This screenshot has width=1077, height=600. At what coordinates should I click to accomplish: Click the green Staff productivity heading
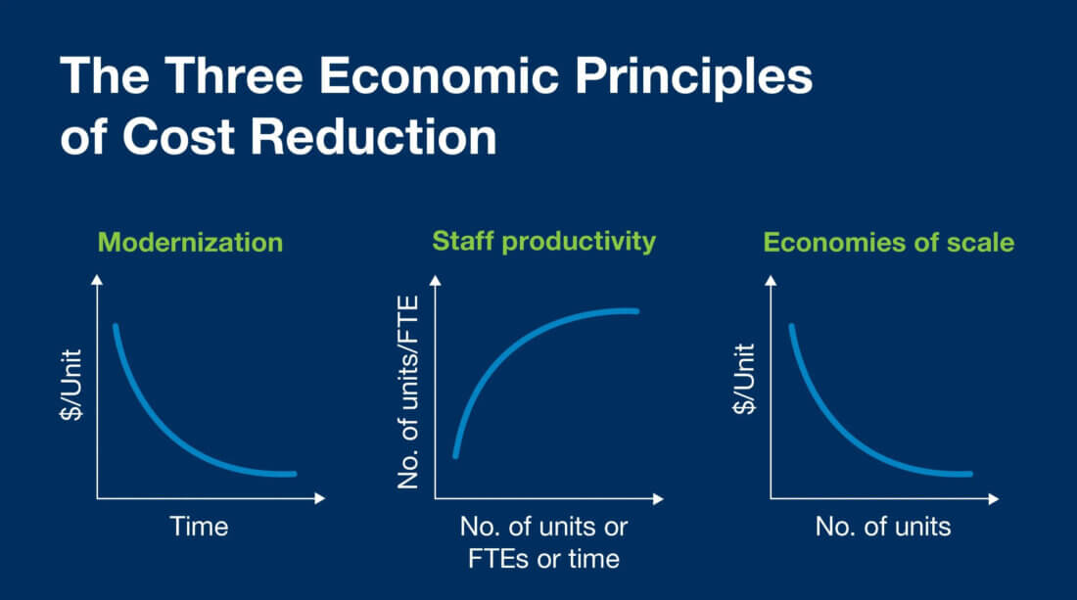pos(543,241)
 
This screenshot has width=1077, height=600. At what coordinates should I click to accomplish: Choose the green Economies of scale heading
pos(888,242)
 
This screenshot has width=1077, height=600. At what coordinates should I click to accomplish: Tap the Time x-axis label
pos(199,527)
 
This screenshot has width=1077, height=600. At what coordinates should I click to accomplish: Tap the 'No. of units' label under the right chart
pos(883,527)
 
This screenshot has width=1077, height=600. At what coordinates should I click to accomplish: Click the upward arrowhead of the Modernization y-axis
pos(96,282)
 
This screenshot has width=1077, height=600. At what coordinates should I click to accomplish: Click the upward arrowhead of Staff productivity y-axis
pos(434,282)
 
